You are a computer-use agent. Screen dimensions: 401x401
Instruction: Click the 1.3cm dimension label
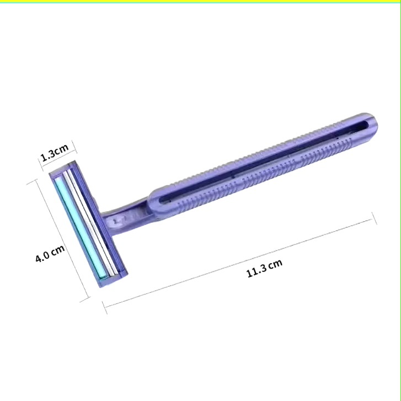(55, 153)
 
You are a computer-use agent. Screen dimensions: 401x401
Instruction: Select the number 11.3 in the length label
(257, 271)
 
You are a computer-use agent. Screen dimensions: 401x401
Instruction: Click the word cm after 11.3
(276, 264)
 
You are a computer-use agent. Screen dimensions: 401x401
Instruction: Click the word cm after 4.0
(57, 249)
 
